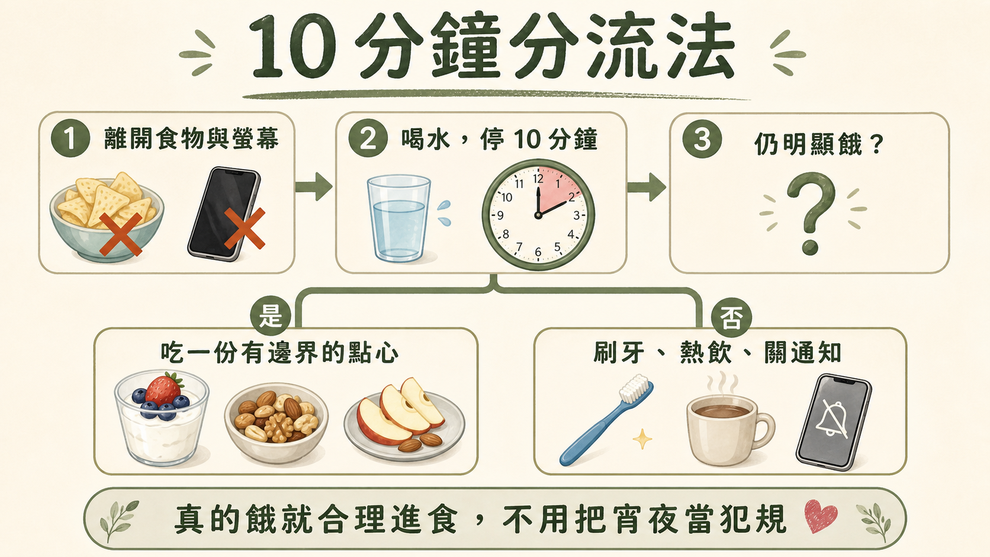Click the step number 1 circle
(x=70, y=138)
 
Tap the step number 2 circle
(x=368, y=138)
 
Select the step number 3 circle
(x=702, y=139)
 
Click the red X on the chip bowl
(x=120, y=234)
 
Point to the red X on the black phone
(x=245, y=228)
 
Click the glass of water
(x=398, y=218)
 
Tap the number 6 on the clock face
(x=538, y=252)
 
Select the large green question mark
(x=811, y=212)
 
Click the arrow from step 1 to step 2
(x=314, y=186)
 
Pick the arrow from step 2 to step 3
(x=646, y=186)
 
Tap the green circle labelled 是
(x=271, y=316)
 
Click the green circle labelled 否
(x=731, y=318)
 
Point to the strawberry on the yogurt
(x=163, y=389)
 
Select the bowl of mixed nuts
(x=277, y=423)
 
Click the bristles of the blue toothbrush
(x=635, y=388)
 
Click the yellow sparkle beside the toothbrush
(x=642, y=439)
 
